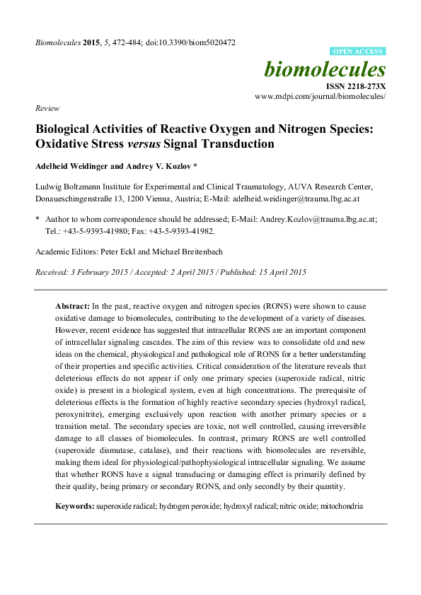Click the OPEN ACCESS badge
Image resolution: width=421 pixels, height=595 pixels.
pyautogui.click(x=358, y=52)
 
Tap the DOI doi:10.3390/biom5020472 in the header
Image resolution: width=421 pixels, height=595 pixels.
pyautogui.click(x=189, y=42)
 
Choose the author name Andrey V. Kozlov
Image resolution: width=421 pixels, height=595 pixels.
pyautogui.click(x=157, y=168)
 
